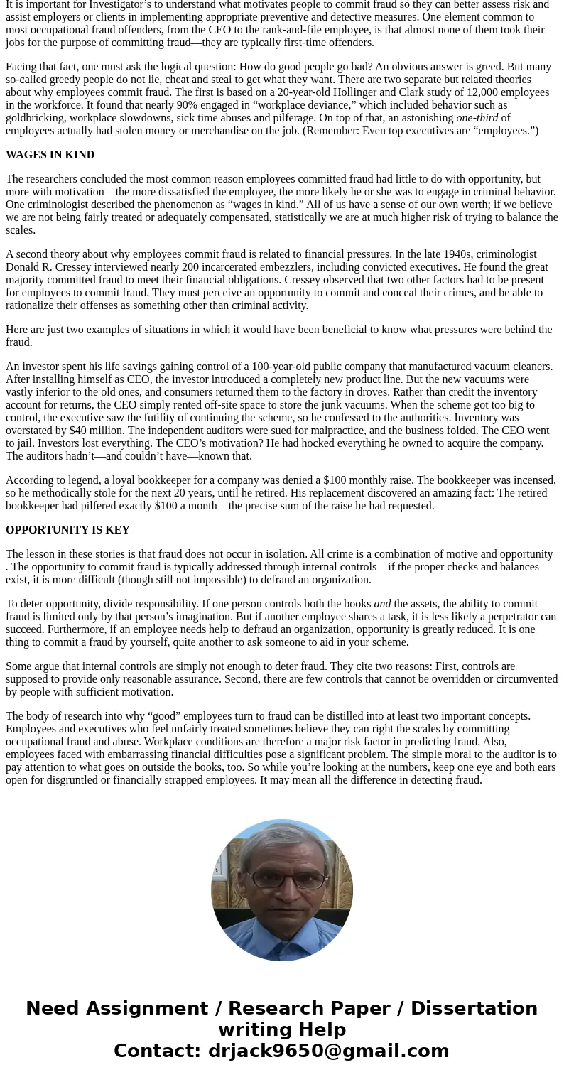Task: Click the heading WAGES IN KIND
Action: [x=50, y=155]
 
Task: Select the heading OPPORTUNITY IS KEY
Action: [x=67, y=530]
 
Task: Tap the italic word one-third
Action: [x=477, y=118]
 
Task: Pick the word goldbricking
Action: [x=35, y=118]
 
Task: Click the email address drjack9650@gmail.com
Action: [x=328, y=1051]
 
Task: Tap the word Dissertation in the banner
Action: [x=474, y=1008]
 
